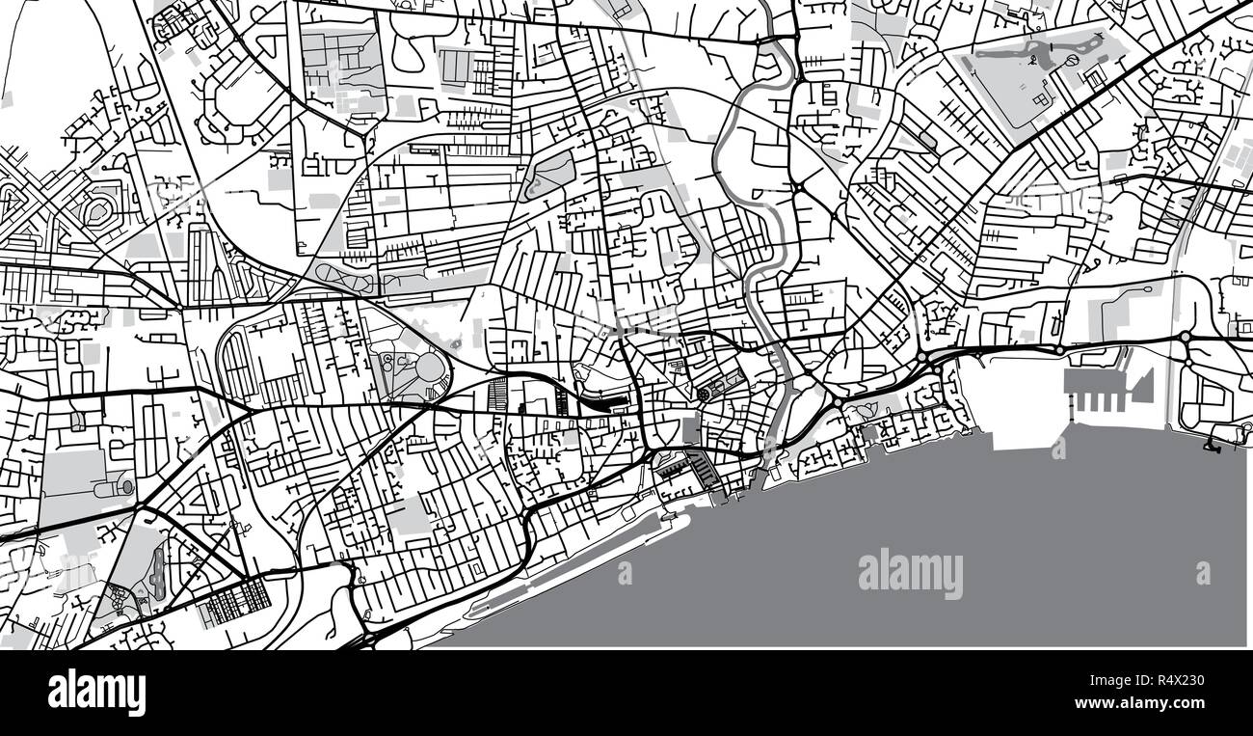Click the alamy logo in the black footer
pos(96,693)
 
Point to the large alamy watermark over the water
pos(910,574)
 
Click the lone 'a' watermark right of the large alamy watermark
pos(1203,573)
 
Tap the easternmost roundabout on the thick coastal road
pos(1185,337)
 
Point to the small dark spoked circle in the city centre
pos(704,394)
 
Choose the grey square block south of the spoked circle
pos(691,430)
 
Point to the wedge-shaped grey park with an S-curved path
pos(549,174)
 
